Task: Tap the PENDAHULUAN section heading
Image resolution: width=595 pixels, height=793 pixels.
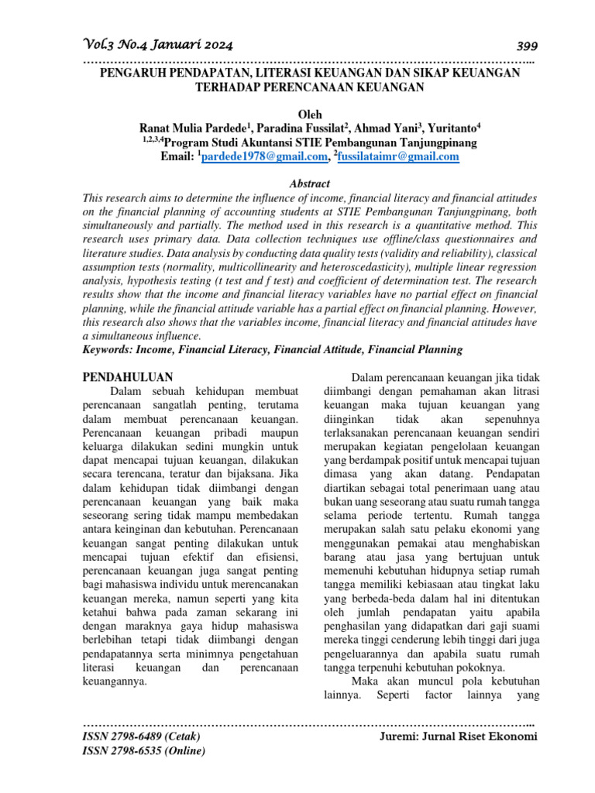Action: (127, 377)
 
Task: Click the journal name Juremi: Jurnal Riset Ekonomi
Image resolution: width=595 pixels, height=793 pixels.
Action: (458, 736)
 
